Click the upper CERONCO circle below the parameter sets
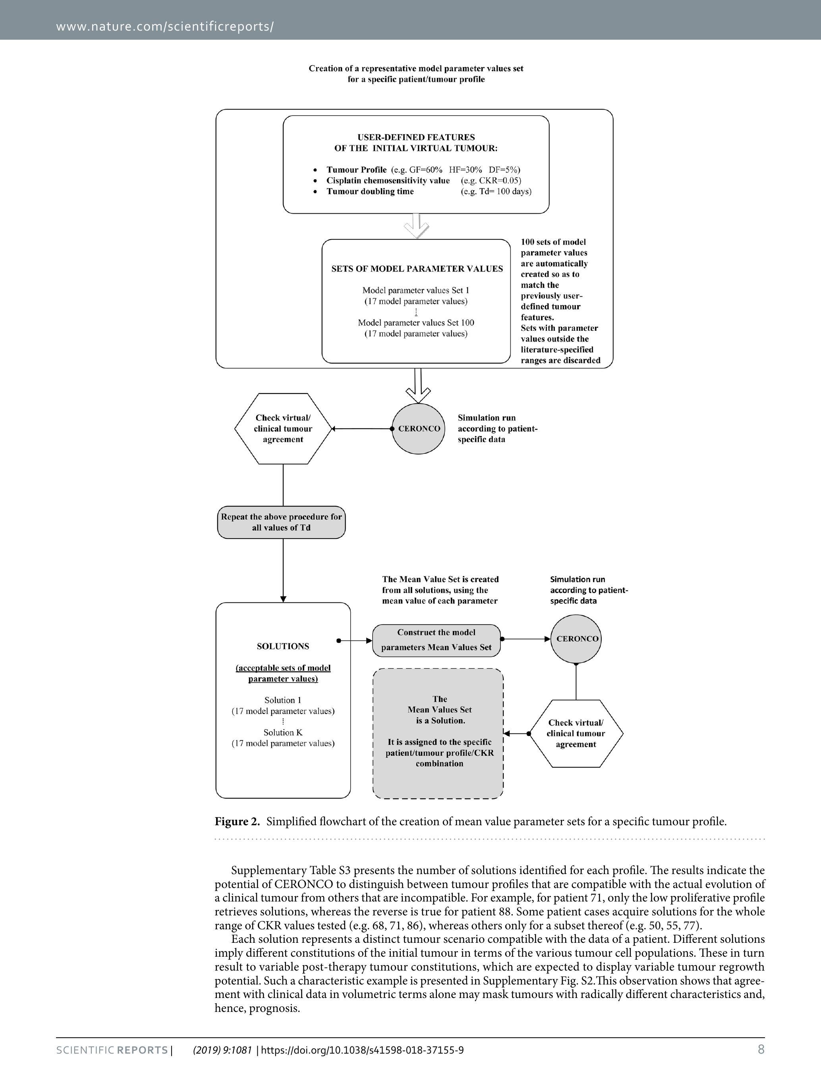click(419, 429)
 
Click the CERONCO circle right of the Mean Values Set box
click(577, 639)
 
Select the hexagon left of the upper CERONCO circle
click(283, 429)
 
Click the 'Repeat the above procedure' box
click(282, 522)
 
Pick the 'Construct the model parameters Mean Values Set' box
click(437, 640)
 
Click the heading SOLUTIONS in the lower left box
click(283, 646)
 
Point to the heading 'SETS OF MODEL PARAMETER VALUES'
click(417, 269)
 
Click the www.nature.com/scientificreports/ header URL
click(165, 26)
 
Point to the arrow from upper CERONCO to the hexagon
click(361, 429)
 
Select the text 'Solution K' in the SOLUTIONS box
click(283, 733)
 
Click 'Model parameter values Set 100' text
click(416, 322)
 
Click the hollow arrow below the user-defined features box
click(417, 226)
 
